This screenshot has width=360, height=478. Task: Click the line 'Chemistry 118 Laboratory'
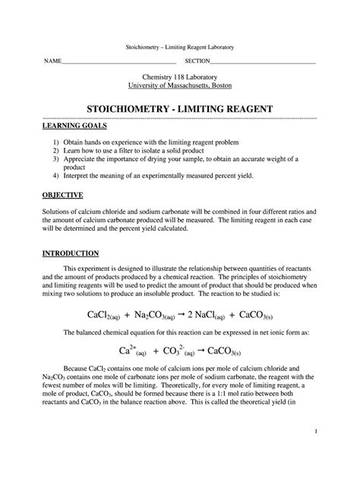[x=179, y=78]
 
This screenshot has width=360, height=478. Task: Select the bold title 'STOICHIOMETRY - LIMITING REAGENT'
[x=179, y=111]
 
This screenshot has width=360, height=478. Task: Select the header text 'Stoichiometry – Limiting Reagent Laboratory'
[x=179, y=48]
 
